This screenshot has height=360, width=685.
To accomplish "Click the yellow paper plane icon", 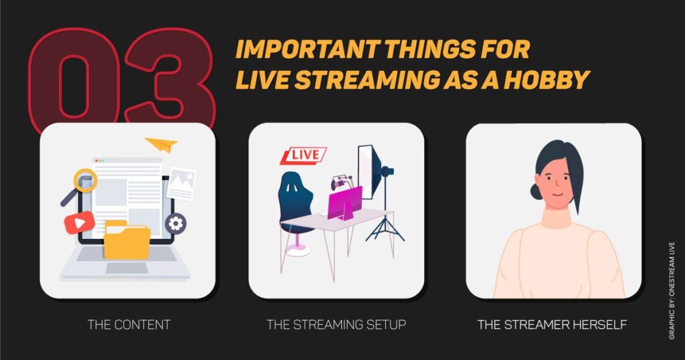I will (161, 144).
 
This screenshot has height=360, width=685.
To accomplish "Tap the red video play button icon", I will (80, 222).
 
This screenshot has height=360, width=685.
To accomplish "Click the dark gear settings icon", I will (176, 223).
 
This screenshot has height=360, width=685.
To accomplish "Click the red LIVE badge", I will (302, 156).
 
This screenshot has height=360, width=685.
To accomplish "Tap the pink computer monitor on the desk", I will (345, 203).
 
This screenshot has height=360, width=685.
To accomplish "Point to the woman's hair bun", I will (536, 191).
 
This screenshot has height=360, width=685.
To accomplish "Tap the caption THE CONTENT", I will (129, 325).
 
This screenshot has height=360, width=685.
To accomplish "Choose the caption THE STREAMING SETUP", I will (336, 325).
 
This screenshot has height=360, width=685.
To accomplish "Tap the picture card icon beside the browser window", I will (180, 183).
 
